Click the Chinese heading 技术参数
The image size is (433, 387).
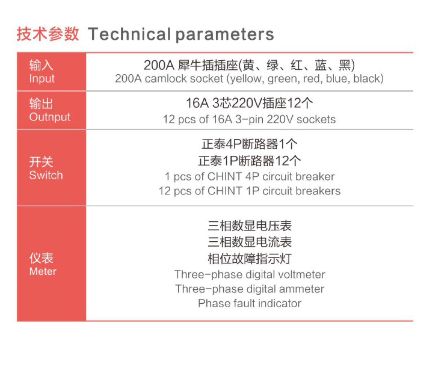point(48,34)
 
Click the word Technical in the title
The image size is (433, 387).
point(129,34)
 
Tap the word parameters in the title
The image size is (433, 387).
point(225,35)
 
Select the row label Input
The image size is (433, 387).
point(42,78)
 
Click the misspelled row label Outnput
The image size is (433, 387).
point(50,117)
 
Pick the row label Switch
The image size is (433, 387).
point(46,175)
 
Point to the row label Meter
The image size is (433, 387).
point(43,271)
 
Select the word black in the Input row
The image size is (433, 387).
point(366,78)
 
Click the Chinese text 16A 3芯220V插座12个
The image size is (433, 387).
point(249,103)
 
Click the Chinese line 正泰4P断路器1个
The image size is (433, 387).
point(249,144)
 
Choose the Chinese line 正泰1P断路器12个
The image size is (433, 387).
point(249,161)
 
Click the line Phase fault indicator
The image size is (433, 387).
point(250,303)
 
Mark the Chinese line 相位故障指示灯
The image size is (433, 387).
point(249,259)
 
